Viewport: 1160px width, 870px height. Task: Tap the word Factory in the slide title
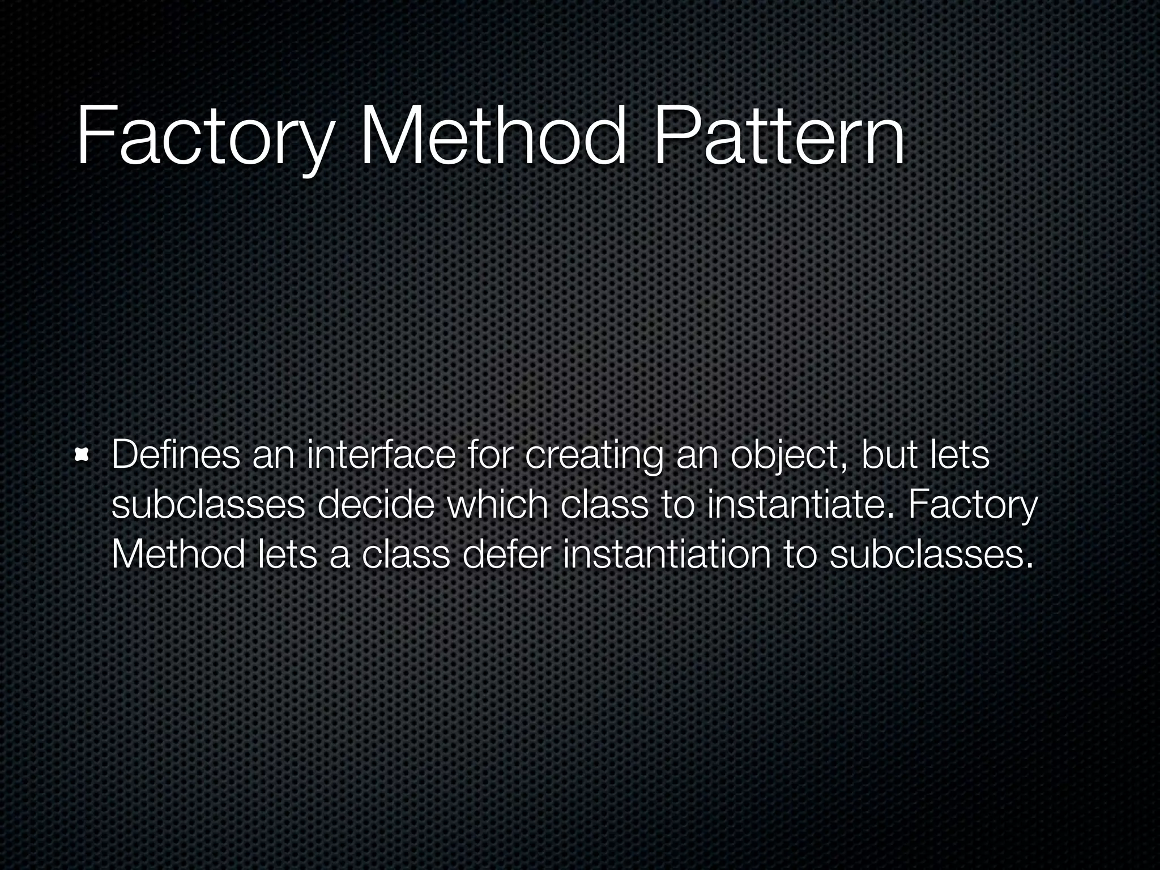pyautogui.click(x=202, y=139)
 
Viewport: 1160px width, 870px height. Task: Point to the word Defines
pyautogui.click(x=176, y=455)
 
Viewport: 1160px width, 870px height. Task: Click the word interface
pyautogui.click(x=381, y=455)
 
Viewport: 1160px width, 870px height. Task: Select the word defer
pyautogui.click(x=506, y=555)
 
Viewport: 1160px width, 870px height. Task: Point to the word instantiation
pyautogui.click(x=667, y=555)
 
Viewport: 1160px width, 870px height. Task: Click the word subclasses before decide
pyautogui.click(x=208, y=505)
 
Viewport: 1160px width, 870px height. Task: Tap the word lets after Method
pyautogui.click(x=287, y=555)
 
